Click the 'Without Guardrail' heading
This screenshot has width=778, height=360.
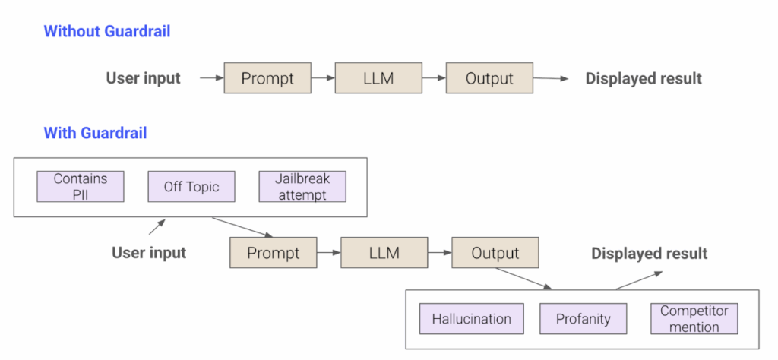coord(106,31)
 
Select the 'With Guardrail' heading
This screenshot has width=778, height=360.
coord(95,133)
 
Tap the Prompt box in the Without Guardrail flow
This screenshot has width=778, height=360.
coord(268,78)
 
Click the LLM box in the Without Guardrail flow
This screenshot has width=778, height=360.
coord(378,78)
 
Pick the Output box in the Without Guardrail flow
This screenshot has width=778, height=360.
coord(489,78)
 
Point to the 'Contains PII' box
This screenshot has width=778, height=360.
coord(81,187)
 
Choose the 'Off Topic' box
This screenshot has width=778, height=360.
coord(191,187)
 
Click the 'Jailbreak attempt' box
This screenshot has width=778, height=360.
coord(302,187)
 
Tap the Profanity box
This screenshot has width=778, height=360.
coord(583,319)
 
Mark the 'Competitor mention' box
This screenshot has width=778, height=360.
coord(694,319)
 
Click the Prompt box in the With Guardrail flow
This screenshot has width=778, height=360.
coord(274,253)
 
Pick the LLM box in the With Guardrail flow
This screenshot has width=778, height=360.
coord(384,253)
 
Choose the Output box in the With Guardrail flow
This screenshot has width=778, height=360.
coord(495,253)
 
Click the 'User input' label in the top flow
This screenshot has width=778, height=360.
coord(143,78)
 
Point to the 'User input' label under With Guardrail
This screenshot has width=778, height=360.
coord(149,253)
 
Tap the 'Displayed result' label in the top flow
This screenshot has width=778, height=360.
coord(644,78)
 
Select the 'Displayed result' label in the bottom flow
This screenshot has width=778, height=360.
coord(650,254)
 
